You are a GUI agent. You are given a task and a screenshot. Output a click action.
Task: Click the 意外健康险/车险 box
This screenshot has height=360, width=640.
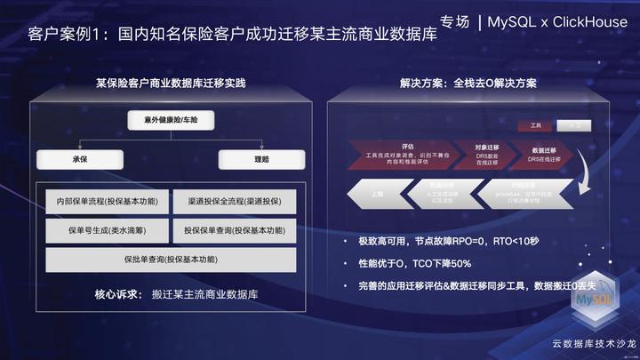172,119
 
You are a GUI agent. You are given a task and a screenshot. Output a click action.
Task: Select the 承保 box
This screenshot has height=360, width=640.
78,160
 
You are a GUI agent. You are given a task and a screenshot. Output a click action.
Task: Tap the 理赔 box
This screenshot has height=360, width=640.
261,160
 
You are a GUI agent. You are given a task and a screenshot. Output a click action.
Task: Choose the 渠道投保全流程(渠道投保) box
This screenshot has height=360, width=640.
234,201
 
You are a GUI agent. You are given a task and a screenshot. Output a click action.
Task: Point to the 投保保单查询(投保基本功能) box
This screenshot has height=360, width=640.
234,230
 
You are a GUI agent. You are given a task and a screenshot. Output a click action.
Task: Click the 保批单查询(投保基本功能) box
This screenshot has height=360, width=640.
171,260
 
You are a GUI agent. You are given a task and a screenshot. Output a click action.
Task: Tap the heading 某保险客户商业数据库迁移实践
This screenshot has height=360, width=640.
171,83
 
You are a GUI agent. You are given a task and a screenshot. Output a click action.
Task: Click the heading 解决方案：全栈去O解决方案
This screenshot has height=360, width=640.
468,83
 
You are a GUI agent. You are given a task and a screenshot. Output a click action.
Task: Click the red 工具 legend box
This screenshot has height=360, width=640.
535,125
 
